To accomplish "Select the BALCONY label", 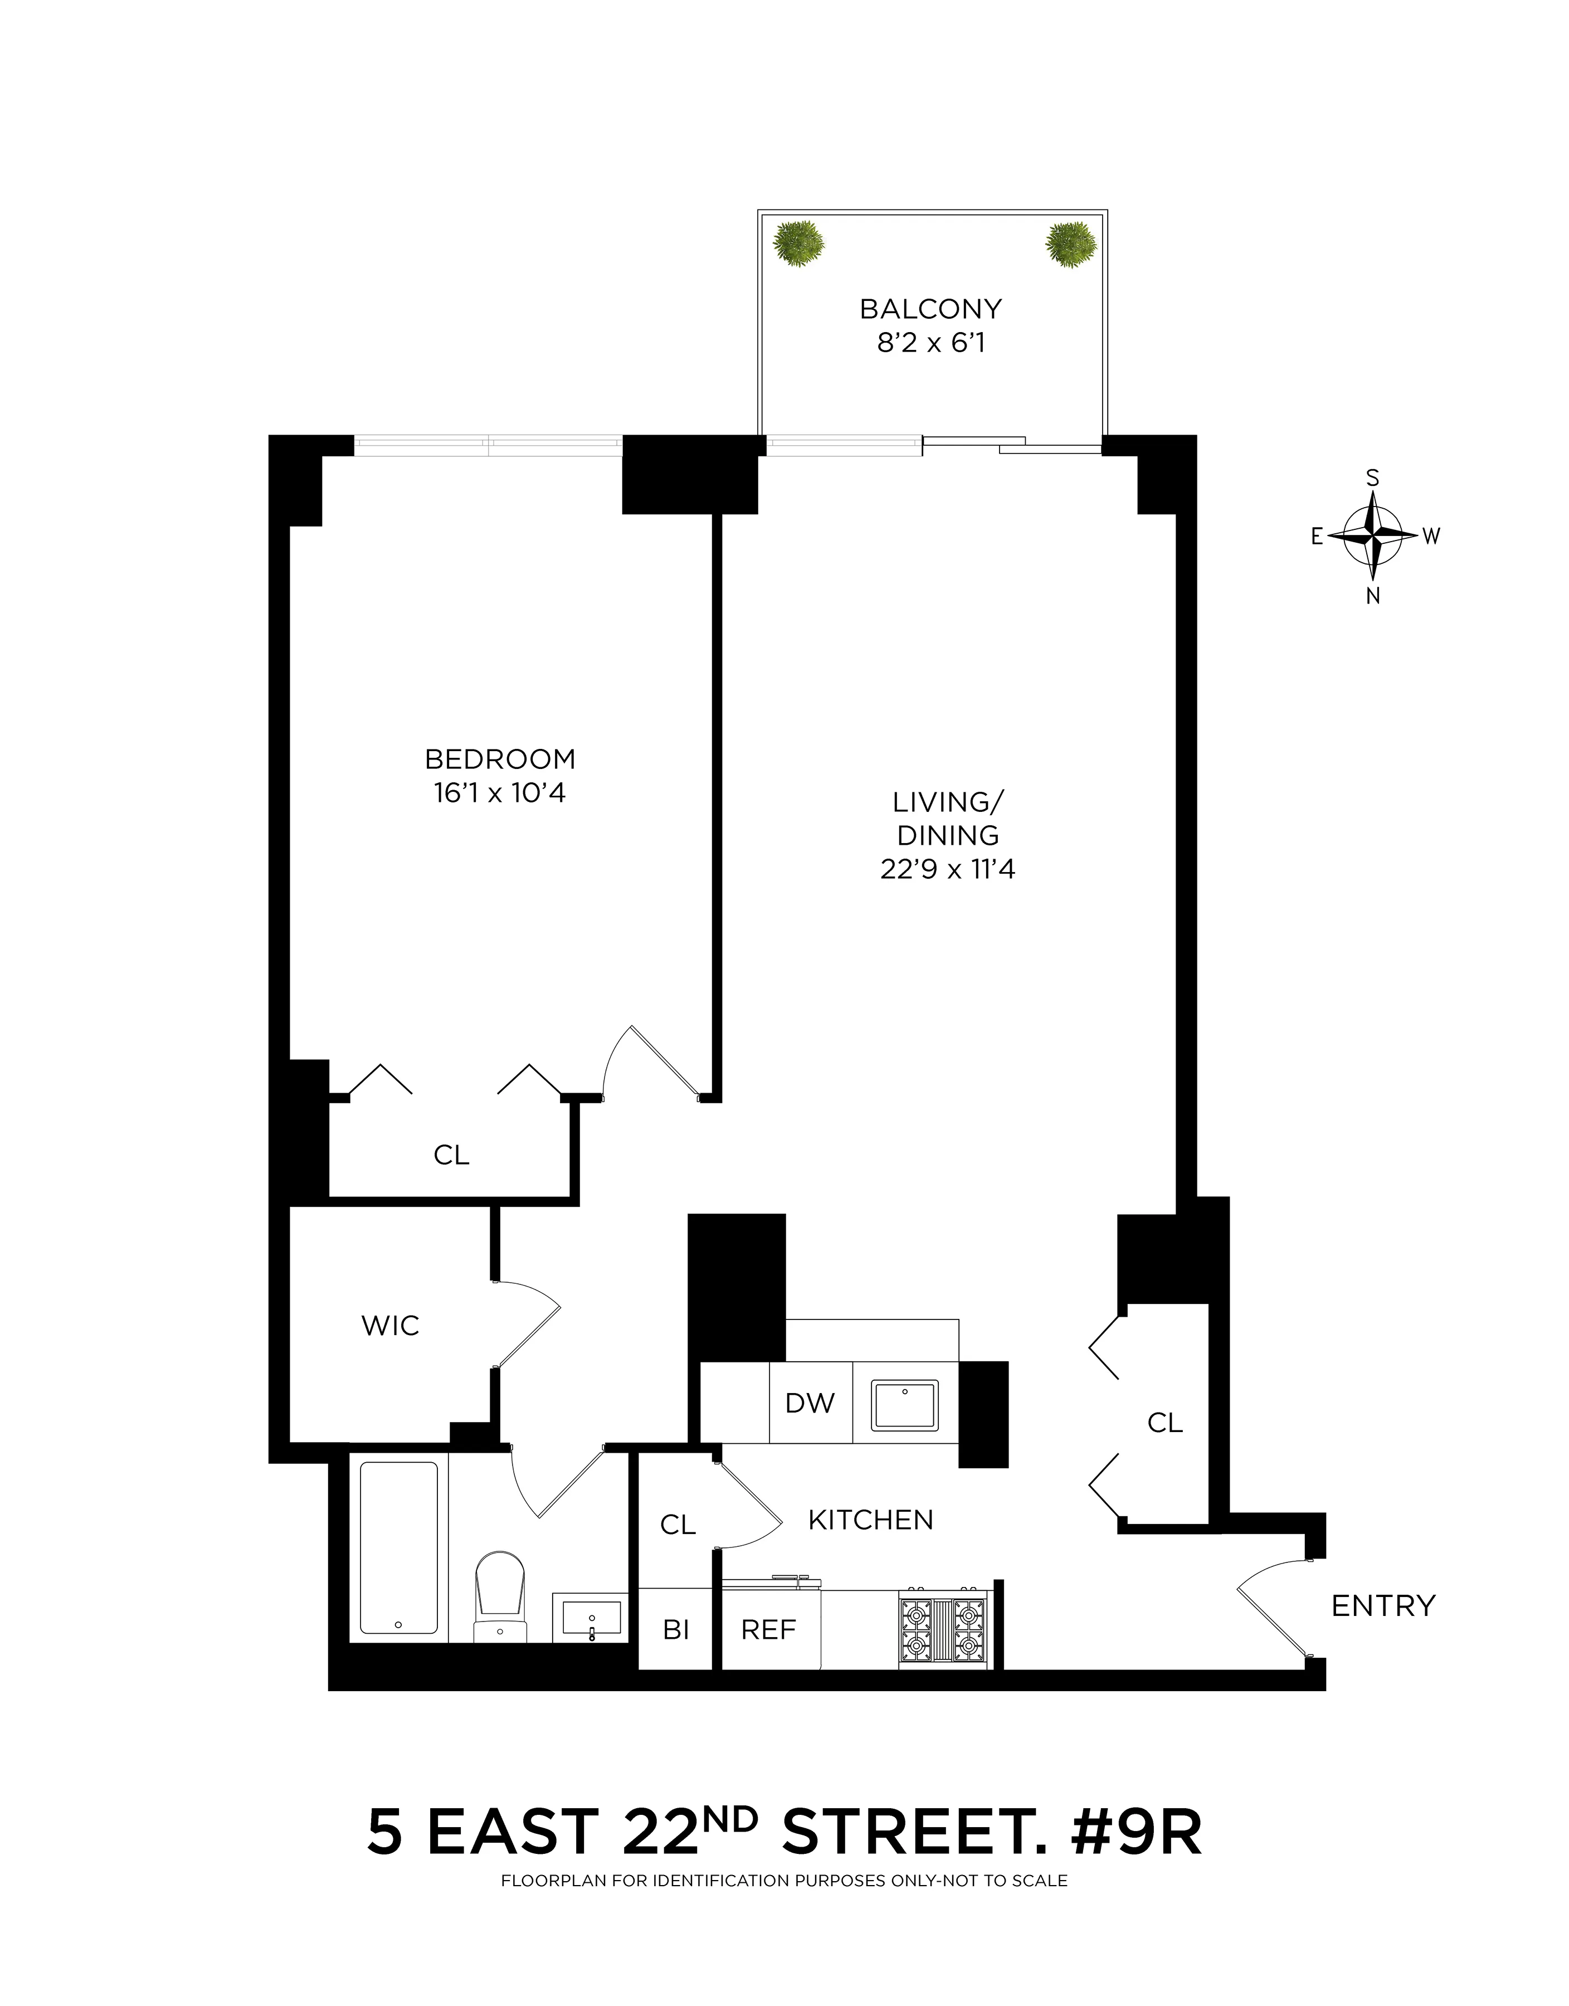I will (x=930, y=309).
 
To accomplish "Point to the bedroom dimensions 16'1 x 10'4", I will (x=500, y=793).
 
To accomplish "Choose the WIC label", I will (x=391, y=1326).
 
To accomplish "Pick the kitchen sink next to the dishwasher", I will (x=905, y=1405).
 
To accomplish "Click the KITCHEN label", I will (x=871, y=1520).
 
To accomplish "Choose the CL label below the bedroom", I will (x=451, y=1156).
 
